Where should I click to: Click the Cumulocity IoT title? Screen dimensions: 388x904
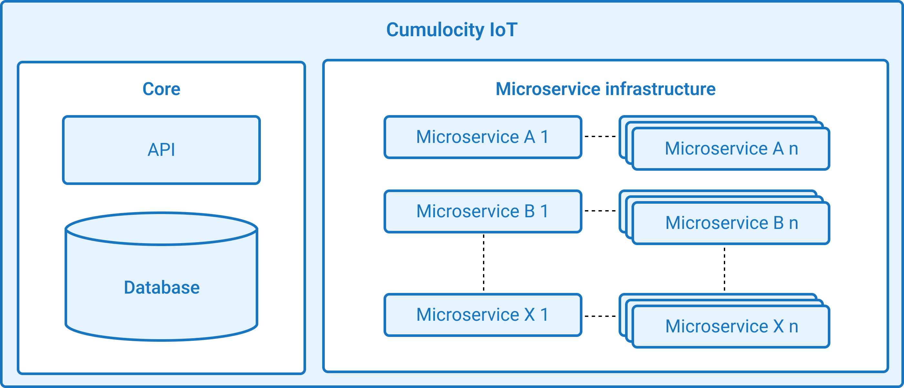point(452,29)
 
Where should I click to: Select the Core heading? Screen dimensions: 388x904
point(161,89)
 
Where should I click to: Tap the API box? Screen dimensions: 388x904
point(161,150)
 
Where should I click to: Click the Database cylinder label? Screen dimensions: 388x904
point(162,287)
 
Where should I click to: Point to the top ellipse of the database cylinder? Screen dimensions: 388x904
point(161,229)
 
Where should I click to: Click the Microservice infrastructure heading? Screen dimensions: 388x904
point(605,89)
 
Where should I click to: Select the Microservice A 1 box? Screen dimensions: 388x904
point(483,137)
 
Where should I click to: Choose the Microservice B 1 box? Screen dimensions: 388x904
point(483,211)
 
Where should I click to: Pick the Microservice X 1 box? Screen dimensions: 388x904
point(483,315)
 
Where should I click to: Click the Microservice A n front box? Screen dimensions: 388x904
point(731,149)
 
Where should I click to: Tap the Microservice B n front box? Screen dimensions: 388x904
point(731,223)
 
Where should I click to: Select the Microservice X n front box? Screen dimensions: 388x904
point(731,327)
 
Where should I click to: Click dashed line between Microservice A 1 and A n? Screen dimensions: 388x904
point(600,136)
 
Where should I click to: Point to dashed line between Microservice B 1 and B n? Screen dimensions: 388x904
point(600,211)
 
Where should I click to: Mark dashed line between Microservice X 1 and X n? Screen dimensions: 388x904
point(600,316)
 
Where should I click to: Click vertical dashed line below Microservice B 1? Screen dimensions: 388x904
point(484,263)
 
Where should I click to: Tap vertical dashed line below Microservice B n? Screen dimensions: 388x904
point(724,269)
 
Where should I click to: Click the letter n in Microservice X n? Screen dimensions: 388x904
point(794,327)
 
